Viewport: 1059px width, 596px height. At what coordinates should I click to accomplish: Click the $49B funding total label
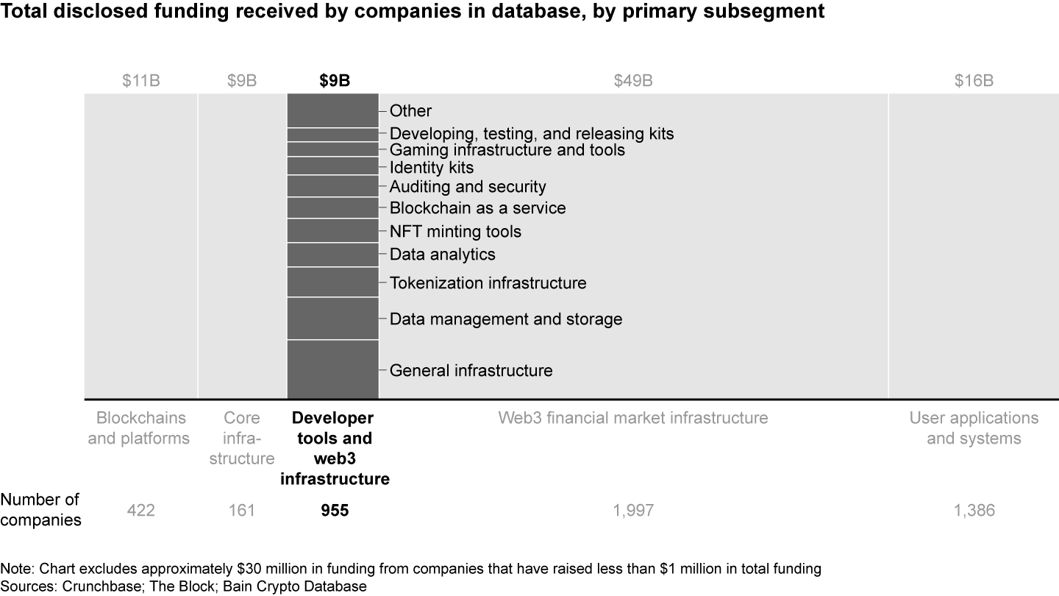pyautogui.click(x=632, y=81)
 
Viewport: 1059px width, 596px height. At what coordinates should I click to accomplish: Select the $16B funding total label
pyautogui.click(x=974, y=81)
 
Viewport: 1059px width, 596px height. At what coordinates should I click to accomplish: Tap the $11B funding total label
pyautogui.click(x=141, y=81)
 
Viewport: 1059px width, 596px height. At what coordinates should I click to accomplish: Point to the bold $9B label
pyautogui.click(x=334, y=81)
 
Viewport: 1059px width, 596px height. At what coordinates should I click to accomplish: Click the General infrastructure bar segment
pyautogui.click(x=332, y=369)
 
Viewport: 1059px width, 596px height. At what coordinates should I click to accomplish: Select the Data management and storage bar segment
pyautogui.click(x=332, y=319)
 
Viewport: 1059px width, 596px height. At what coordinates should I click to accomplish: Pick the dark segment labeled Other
pyautogui.click(x=332, y=110)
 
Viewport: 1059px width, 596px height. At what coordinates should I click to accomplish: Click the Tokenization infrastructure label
pyautogui.click(x=488, y=283)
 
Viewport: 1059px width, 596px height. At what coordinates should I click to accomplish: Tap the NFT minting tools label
pyautogui.click(x=455, y=231)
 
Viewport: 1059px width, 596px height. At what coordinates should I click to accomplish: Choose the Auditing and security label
pyautogui.click(x=468, y=186)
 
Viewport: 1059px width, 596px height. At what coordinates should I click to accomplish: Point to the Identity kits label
pyautogui.click(x=432, y=168)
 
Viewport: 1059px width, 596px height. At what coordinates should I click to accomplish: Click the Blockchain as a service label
pyautogui.click(x=477, y=207)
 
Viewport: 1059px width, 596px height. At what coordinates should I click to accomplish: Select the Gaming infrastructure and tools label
pyautogui.click(x=507, y=149)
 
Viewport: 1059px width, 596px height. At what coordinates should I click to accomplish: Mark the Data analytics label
pyautogui.click(x=442, y=254)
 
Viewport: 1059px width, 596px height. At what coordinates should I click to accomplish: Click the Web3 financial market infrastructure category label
pyautogui.click(x=632, y=418)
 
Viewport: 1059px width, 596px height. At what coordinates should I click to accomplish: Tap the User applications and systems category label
pyautogui.click(x=974, y=428)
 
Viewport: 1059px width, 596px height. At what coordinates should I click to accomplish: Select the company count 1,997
pyautogui.click(x=632, y=510)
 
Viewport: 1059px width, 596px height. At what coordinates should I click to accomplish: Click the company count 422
pyautogui.click(x=141, y=510)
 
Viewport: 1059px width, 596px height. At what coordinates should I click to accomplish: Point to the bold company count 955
pyautogui.click(x=334, y=510)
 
